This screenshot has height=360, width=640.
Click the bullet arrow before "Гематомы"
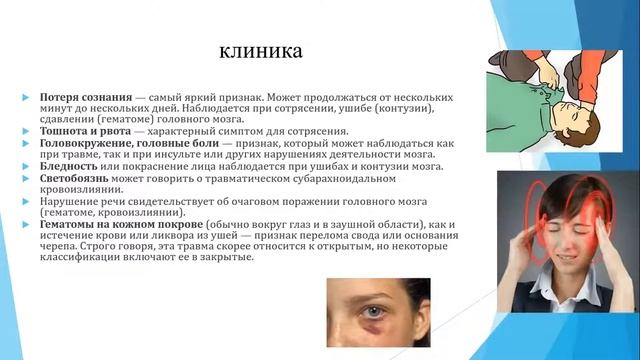[x=28, y=224]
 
